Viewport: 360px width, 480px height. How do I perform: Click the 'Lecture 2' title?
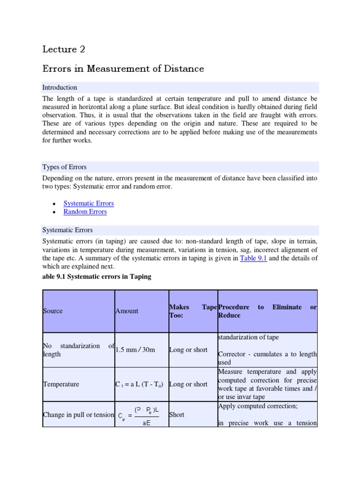point(64,49)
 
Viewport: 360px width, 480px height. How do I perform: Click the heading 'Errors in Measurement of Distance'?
point(123,69)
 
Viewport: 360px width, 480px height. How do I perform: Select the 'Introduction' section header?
point(60,88)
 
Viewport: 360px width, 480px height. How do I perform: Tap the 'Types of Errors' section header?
point(64,167)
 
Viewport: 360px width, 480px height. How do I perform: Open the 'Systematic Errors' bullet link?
point(89,203)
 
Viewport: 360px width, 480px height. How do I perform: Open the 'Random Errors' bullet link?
point(85,212)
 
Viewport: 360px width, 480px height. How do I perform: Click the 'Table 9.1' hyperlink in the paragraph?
point(253,258)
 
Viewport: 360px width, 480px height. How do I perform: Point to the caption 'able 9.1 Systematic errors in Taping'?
point(97,277)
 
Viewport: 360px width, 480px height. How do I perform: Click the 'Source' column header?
point(52,311)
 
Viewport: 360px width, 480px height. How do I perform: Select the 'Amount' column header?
point(127,311)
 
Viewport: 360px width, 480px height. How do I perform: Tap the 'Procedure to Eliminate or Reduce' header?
point(267,311)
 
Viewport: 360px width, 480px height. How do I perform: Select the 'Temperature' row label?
point(61,384)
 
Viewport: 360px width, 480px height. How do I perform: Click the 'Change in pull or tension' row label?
point(78,414)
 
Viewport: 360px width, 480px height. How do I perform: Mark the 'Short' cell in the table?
point(177,414)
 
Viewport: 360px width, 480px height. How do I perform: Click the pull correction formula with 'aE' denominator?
point(139,415)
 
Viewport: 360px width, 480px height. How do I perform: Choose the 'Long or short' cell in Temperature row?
point(188,384)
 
